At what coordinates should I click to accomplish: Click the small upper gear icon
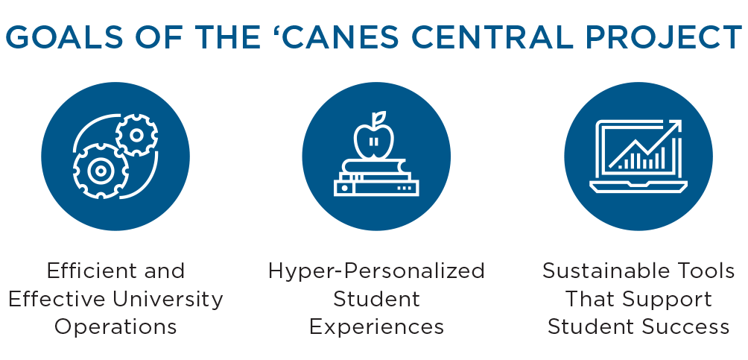pyautogui.click(x=136, y=135)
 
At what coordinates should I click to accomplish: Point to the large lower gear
pyautogui.click(x=101, y=171)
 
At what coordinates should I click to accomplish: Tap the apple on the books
pyautogui.click(x=374, y=142)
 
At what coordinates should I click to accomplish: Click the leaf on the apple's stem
pyautogui.click(x=379, y=118)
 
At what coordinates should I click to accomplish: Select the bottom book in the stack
pyautogui.click(x=376, y=188)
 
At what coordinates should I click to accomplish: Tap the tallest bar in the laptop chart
pyautogui.click(x=662, y=158)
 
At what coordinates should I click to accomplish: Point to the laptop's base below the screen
pyautogui.click(x=638, y=187)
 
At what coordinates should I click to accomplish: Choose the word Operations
pyautogui.click(x=115, y=327)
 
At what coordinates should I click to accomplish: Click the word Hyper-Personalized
pyautogui.click(x=376, y=271)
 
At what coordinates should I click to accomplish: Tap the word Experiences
pyautogui.click(x=376, y=327)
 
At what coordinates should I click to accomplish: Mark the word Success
pyautogui.click(x=685, y=327)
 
